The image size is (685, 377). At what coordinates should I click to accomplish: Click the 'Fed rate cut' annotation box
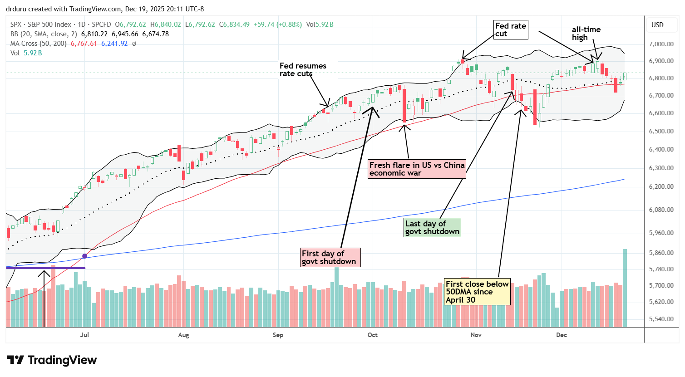coord(510,29)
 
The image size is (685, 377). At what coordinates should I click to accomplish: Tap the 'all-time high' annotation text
coord(586,33)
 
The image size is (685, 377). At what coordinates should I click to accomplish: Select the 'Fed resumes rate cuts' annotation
coord(303,69)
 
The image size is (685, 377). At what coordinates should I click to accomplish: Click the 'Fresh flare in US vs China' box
coord(417,169)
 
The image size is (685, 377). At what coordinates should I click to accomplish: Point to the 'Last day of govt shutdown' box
coord(432,227)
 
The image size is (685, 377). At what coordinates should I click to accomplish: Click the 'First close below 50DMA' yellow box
coord(477,292)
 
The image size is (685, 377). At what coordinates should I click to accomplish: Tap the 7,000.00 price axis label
coord(661,44)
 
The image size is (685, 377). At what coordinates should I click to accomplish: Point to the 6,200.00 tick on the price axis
coord(661,186)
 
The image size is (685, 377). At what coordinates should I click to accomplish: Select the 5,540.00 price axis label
coord(661,319)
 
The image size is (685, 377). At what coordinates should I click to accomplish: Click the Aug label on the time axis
coord(183,335)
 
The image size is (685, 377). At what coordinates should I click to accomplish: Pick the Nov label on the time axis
coord(476,335)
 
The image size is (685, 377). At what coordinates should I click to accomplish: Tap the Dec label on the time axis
coord(562,335)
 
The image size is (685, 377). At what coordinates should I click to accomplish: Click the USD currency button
coord(657,25)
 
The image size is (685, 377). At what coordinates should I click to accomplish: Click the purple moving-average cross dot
coord(84,256)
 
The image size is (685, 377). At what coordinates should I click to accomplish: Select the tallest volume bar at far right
coord(625,288)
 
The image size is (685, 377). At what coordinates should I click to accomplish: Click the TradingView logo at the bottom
coord(52,360)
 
